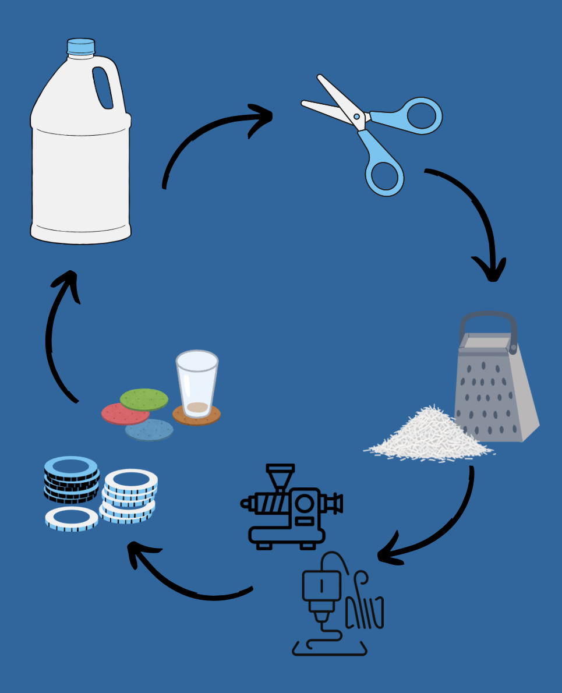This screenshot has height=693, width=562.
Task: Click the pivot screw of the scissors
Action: click(x=356, y=117)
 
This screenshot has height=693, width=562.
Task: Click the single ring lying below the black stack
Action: click(x=72, y=518)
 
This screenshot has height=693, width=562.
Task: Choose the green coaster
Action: click(x=144, y=399)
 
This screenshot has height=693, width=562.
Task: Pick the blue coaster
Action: click(x=149, y=430)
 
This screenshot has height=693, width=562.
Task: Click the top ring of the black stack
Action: click(x=70, y=466)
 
